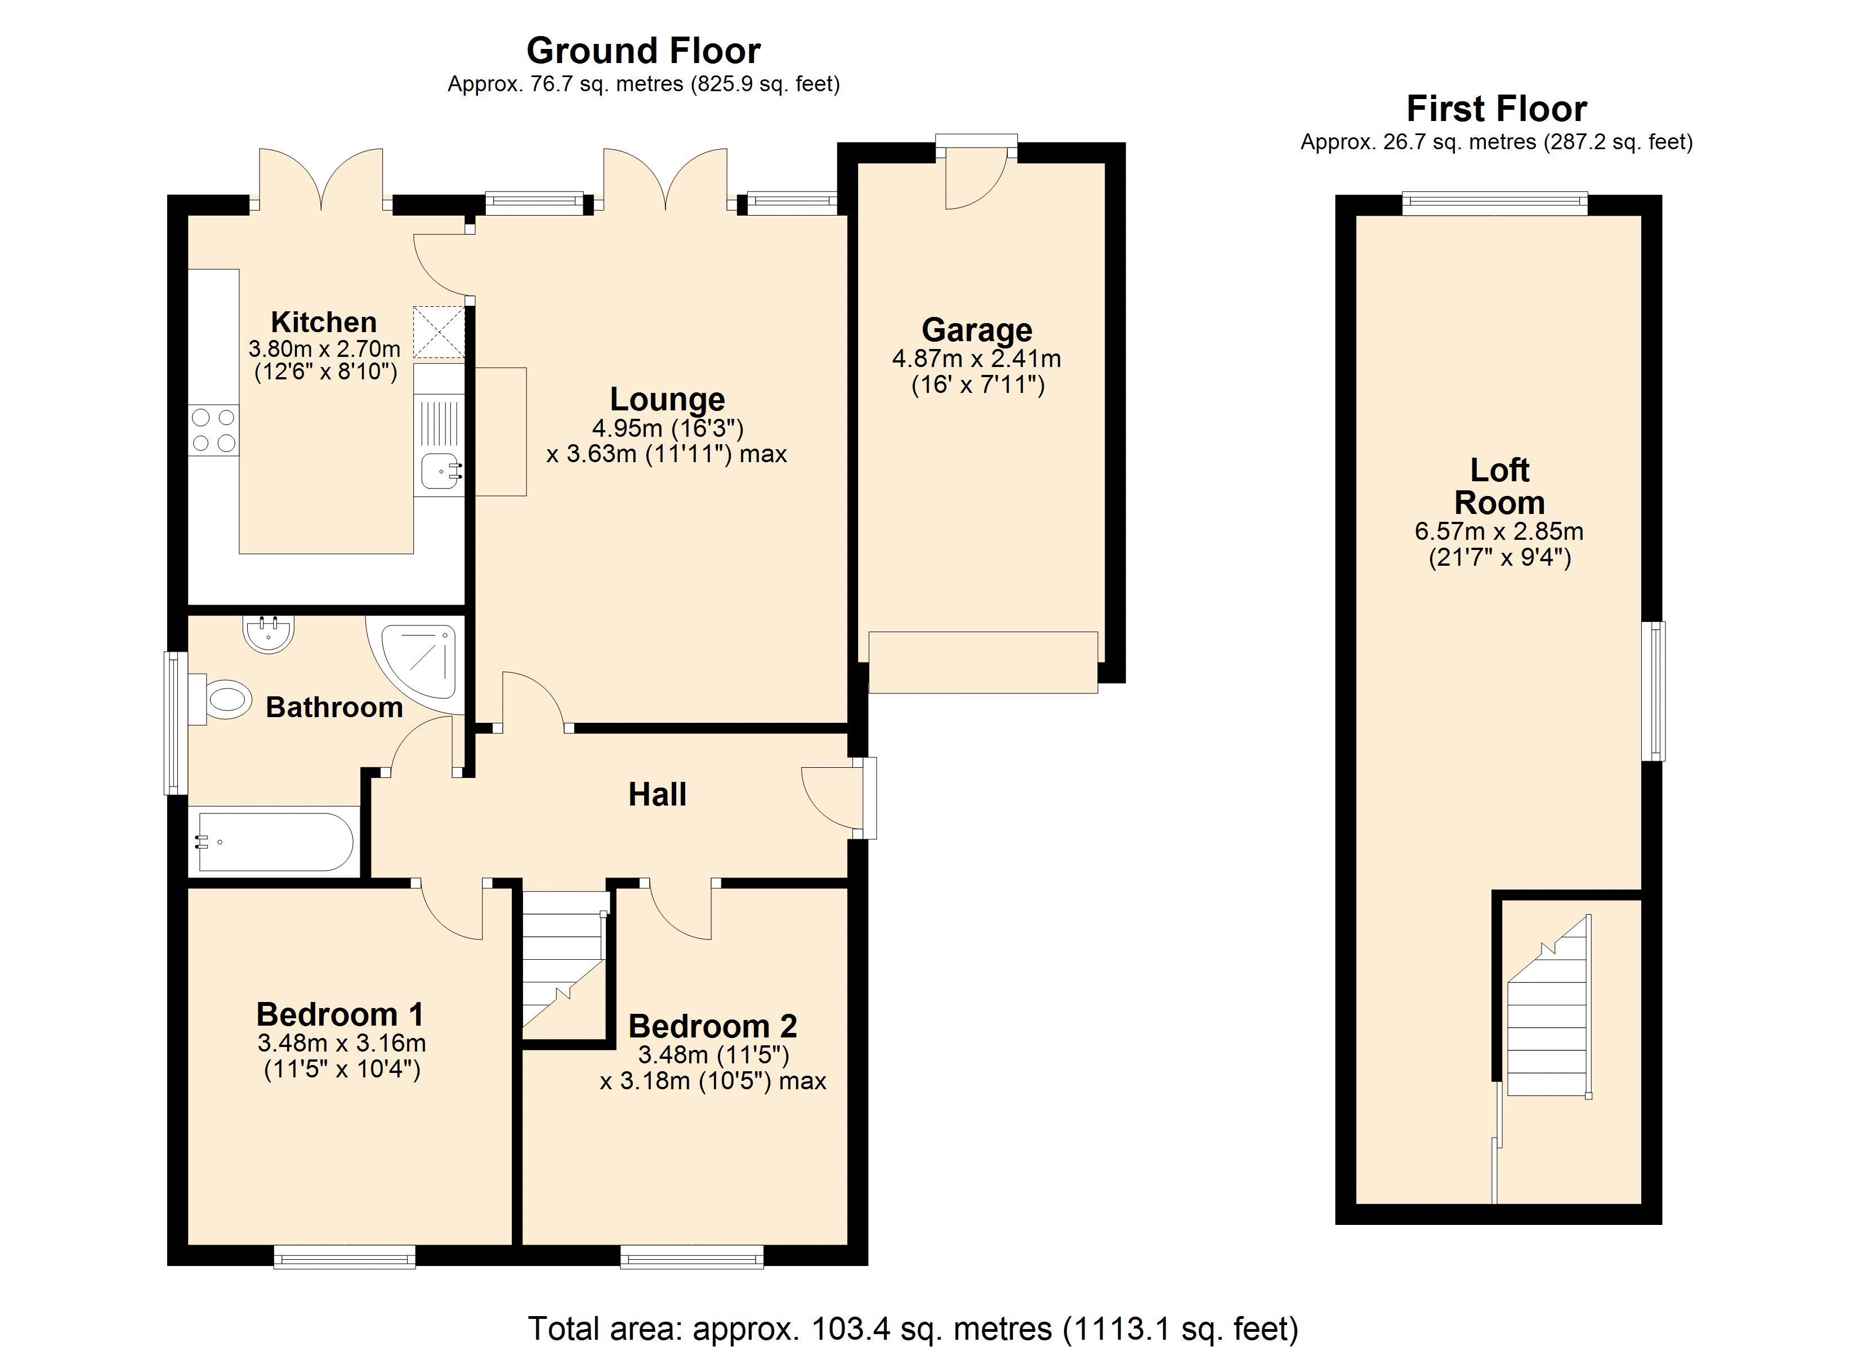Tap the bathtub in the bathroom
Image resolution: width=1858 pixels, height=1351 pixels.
274,842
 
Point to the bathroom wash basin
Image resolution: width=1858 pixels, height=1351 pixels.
268,634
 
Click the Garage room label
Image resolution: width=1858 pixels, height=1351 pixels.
976,330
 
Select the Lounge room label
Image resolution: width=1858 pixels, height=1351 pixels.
667,400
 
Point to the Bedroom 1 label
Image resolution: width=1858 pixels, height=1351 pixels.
340,1014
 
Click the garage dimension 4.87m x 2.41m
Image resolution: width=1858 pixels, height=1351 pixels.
976,359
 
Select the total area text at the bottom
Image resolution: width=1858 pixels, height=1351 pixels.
913,1328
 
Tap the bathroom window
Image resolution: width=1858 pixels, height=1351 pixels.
175,723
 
